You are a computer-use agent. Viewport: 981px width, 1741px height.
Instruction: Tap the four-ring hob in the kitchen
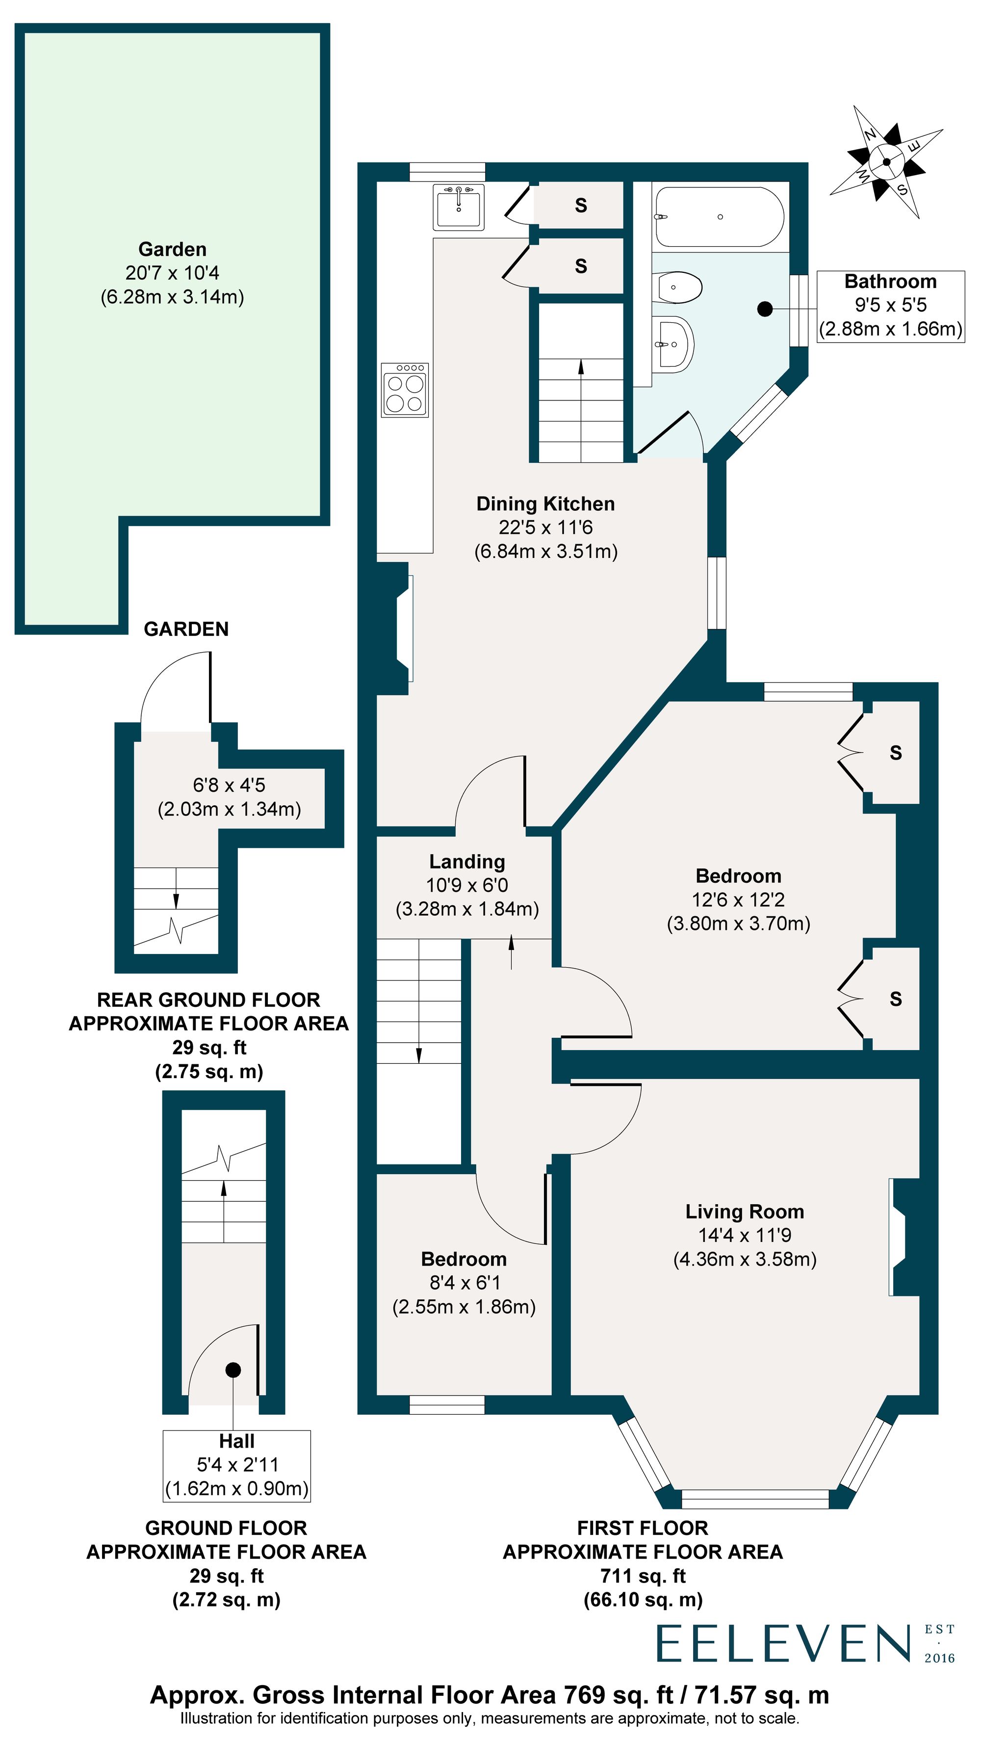(x=405, y=391)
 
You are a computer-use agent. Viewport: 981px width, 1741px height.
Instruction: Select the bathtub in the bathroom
(x=719, y=217)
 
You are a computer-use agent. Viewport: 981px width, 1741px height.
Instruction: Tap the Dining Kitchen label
(x=545, y=503)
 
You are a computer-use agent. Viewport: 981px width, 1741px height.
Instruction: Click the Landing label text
(x=467, y=861)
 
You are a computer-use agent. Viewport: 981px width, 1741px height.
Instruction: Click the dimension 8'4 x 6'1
(x=464, y=1282)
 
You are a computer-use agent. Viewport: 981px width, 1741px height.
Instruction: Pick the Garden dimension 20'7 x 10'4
(x=172, y=273)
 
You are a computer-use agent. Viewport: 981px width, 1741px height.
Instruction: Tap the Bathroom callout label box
(x=890, y=306)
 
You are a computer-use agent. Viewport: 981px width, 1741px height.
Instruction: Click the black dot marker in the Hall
(x=233, y=1370)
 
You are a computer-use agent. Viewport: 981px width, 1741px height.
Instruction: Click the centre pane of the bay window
(x=755, y=1499)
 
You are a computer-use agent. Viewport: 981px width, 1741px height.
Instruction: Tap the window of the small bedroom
(x=446, y=1405)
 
